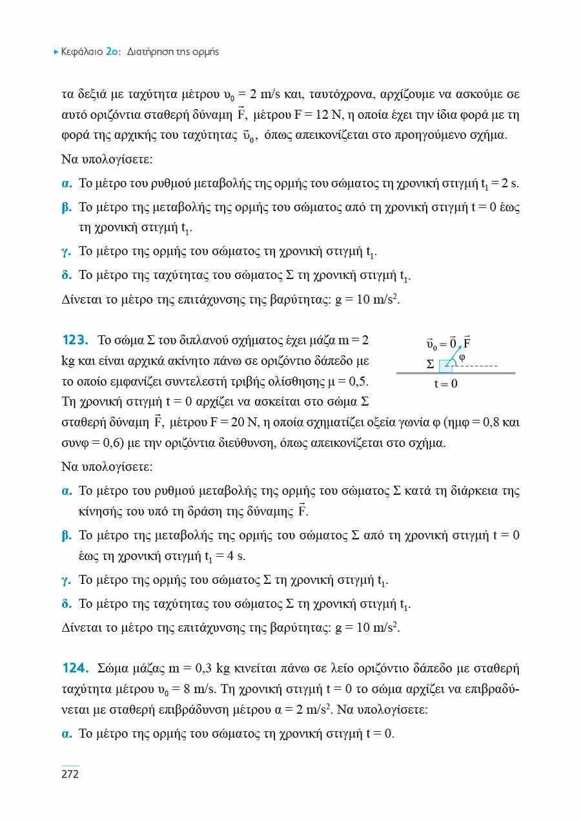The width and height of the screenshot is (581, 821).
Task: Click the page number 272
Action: (x=70, y=774)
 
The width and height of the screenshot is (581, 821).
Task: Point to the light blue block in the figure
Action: (x=445, y=366)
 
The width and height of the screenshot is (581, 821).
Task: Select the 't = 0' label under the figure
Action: (x=446, y=384)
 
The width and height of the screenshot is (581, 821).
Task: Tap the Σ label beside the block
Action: (x=431, y=365)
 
